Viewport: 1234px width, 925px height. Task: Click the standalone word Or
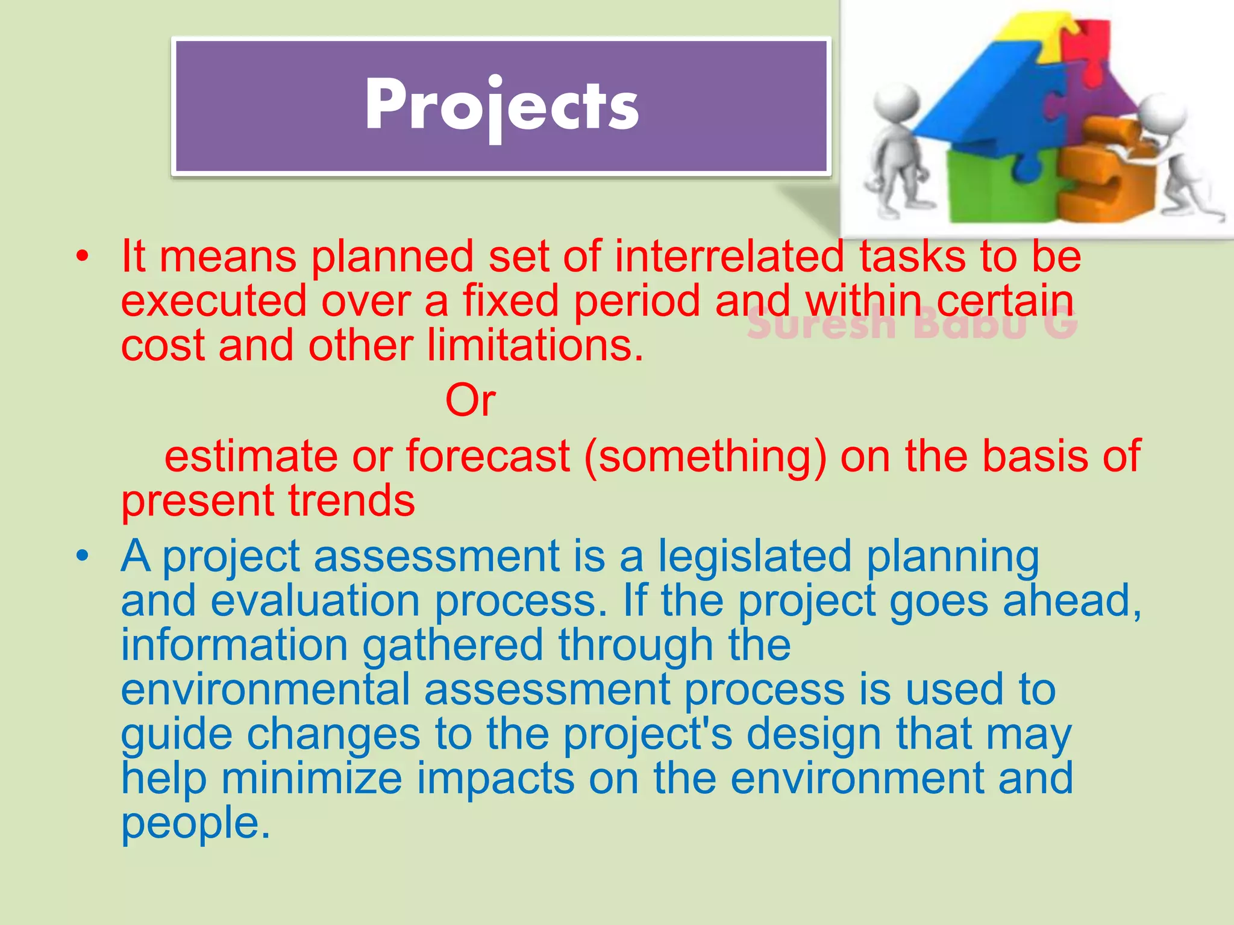point(471,400)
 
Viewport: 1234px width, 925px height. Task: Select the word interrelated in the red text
point(729,257)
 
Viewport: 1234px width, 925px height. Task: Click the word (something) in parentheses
point(705,456)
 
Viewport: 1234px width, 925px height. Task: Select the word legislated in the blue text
point(754,556)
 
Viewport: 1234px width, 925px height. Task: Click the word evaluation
point(315,600)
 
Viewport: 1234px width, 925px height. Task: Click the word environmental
point(265,690)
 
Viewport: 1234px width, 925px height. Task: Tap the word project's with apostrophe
point(648,734)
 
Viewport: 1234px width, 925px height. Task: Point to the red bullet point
point(83,258)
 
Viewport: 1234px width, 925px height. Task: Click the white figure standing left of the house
point(898,151)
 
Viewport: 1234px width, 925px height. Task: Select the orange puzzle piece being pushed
point(1103,175)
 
